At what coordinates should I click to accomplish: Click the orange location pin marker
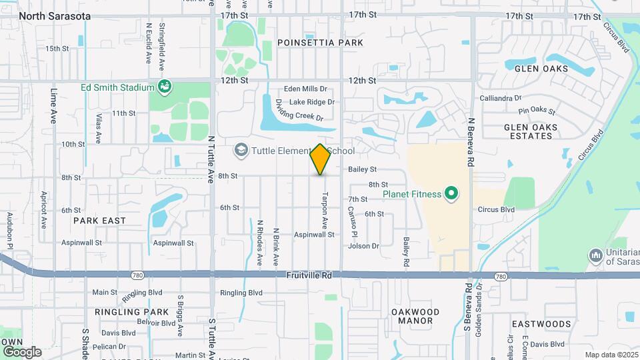coord(321,159)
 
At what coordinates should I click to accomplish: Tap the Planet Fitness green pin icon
coord(451,195)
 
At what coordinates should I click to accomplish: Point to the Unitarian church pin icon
coord(596,255)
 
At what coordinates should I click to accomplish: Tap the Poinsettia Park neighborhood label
coord(321,43)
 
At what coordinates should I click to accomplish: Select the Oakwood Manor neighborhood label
coord(415,316)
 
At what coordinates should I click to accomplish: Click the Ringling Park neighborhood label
coord(131,312)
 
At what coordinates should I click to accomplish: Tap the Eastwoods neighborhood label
coord(541,324)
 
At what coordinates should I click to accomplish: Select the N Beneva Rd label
coord(471,143)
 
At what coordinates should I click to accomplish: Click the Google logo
coord(22,351)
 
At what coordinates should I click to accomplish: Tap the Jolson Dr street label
coord(363,246)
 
